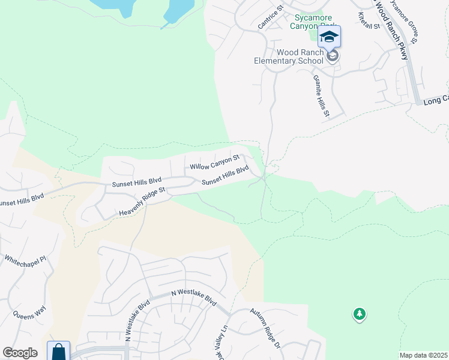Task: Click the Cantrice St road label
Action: point(270,19)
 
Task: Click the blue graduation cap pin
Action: point(329,38)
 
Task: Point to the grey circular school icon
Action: point(333,56)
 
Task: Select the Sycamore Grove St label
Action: point(404,21)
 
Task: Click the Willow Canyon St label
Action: point(215,161)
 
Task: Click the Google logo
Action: point(20,353)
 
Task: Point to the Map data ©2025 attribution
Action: point(423,355)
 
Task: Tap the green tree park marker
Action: point(360,314)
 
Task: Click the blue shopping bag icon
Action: point(59,351)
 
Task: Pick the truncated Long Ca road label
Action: point(435,99)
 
